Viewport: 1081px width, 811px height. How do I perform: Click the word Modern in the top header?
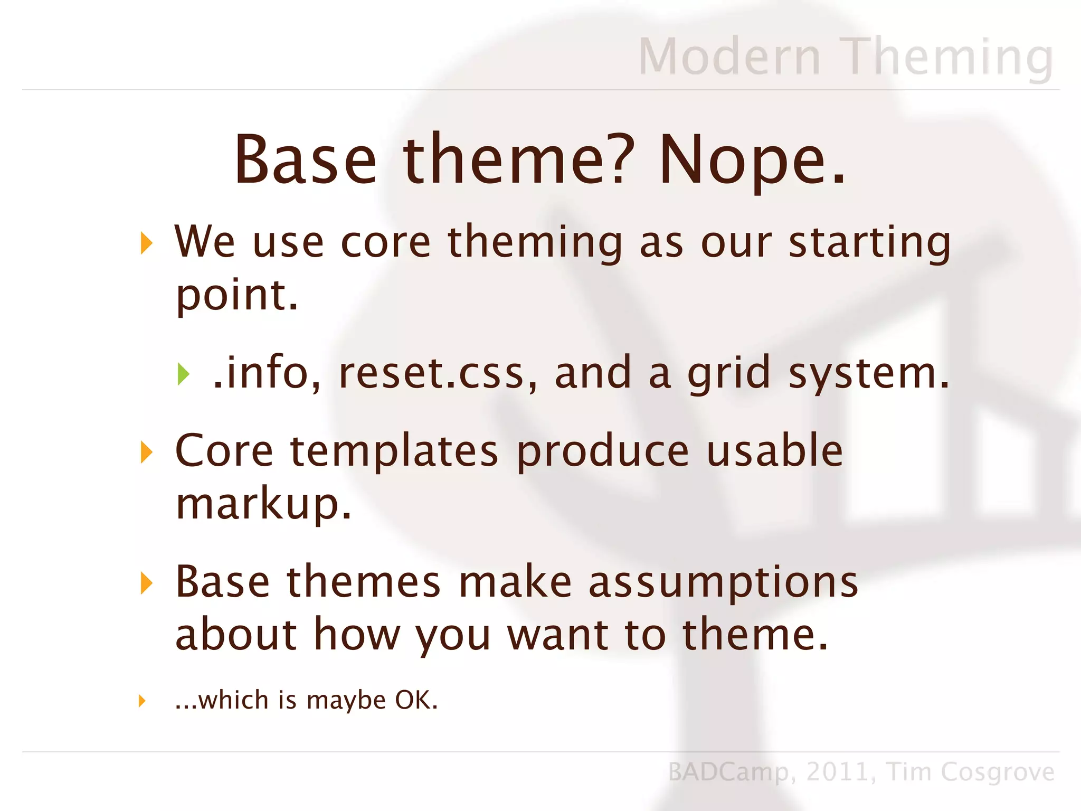pos(729,56)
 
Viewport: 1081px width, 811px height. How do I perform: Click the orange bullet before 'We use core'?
pos(146,243)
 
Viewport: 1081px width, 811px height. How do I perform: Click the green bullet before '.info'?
pos(183,374)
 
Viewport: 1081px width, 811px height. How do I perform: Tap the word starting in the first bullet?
pos(869,243)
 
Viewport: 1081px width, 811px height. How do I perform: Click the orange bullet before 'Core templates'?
pos(146,452)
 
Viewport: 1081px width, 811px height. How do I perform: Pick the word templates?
pos(394,451)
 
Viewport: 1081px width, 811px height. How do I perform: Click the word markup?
pos(263,504)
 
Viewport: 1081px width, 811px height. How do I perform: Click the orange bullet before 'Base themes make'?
pos(146,583)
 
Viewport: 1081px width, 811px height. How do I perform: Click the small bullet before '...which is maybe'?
pos(141,701)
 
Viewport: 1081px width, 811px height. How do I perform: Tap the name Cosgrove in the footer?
pos(997,772)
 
